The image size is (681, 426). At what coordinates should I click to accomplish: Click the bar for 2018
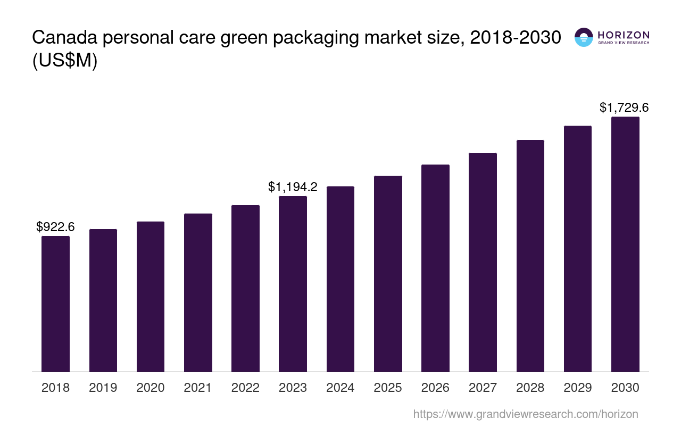coord(55,304)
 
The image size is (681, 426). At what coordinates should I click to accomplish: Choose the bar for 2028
coord(530,256)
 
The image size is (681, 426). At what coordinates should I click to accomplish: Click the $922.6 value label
coord(55,227)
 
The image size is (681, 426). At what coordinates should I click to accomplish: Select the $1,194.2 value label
coord(293,187)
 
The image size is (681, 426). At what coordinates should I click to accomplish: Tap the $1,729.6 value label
coord(624,108)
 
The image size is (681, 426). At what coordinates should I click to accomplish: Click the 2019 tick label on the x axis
coord(103,388)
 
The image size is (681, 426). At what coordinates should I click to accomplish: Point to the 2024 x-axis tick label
coord(340,388)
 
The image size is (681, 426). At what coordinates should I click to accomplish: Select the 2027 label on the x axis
coord(483,388)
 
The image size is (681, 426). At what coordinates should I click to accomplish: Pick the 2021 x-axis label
coord(198,388)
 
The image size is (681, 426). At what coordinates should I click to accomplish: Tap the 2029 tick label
coord(578,388)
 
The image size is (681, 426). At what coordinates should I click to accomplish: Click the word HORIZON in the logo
coord(623,35)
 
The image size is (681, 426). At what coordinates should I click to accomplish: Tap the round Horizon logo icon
coord(584,37)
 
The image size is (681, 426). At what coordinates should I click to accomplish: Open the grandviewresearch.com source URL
coord(526,414)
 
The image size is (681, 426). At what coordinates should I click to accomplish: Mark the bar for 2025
coord(388,274)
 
